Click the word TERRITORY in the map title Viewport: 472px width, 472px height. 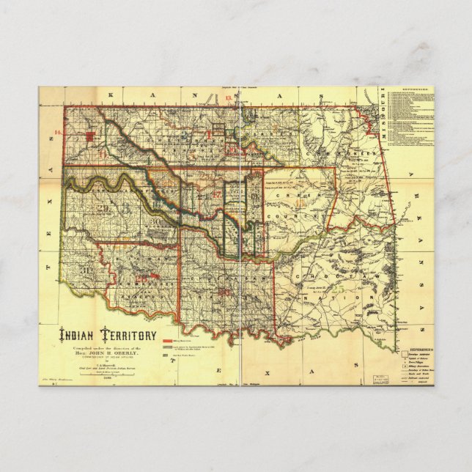pyautogui.click(x=130, y=335)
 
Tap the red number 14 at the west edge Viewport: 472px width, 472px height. pyautogui.click(x=58, y=133)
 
